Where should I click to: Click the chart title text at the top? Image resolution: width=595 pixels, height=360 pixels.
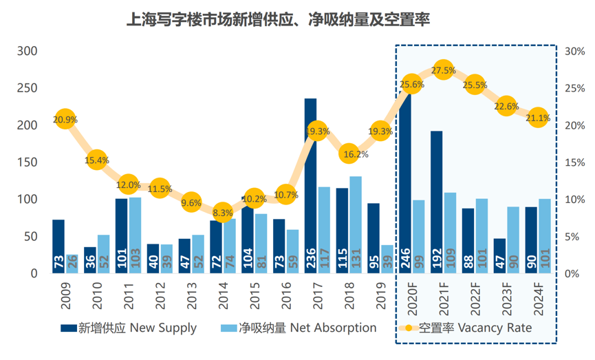tap(279, 19)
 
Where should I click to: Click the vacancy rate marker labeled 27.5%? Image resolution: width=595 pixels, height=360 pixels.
tap(443, 70)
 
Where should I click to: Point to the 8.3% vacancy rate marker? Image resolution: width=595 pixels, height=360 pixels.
tap(223, 213)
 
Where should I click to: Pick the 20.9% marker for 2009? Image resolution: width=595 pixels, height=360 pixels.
tap(65, 119)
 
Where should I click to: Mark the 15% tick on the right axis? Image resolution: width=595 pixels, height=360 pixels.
tap(574, 162)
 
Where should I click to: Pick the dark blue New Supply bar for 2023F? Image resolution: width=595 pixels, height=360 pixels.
tap(499, 255)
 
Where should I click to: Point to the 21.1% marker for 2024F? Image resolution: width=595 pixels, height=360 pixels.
tap(537, 118)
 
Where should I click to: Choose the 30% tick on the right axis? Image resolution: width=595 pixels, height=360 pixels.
tap(574, 52)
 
